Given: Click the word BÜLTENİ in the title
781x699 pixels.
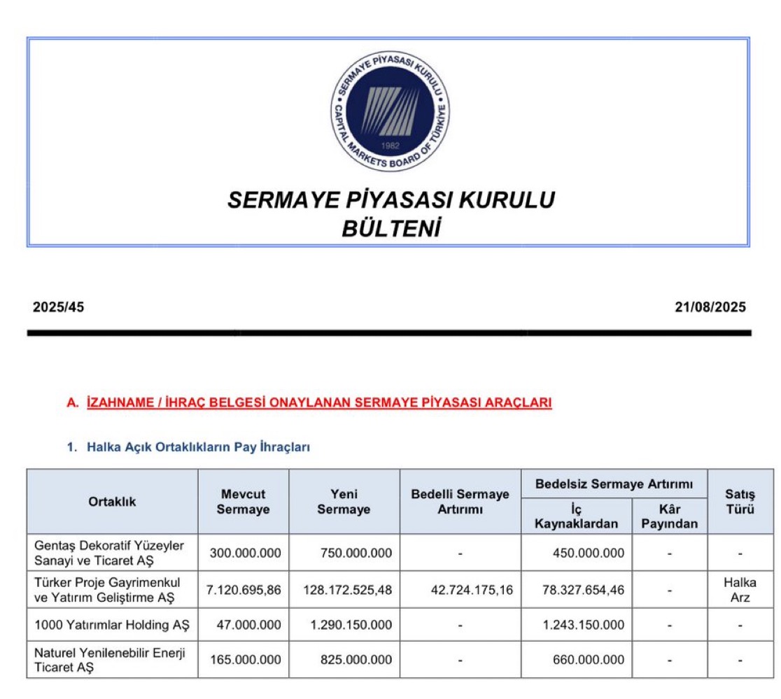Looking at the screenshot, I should click(x=390, y=229).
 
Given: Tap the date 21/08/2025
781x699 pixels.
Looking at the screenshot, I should click(x=711, y=307).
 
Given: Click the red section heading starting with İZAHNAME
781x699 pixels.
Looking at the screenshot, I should click(x=319, y=402).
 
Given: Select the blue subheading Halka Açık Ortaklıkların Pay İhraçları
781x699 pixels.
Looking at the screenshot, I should click(x=198, y=447).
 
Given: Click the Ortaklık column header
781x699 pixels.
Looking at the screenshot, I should click(x=112, y=502).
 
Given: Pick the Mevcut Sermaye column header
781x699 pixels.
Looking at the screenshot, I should click(x=243, y=502).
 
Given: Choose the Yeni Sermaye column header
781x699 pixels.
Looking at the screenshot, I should click(x=344, y=502).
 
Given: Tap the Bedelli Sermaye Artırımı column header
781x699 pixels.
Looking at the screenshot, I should click(x=460, y=502).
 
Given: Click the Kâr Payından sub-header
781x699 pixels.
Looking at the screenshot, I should click(x=669, y=517).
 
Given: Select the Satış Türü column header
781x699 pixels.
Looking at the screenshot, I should click(x=740, y=502).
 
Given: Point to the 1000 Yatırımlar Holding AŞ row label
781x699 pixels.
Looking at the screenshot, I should click(x=111, y=625).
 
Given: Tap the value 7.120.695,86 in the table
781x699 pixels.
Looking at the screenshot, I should click(x=244, y=590).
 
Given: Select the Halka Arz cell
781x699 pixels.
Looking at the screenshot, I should click(x=740, y=590).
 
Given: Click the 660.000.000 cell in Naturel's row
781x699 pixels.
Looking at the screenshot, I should click(x=583, y=660).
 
